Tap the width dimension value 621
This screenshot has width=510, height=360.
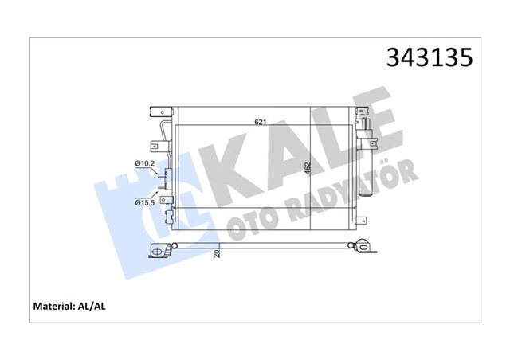point(261,122)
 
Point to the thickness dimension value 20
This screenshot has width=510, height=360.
point(216,255)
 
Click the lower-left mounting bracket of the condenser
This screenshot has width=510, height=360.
point(167,215)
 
